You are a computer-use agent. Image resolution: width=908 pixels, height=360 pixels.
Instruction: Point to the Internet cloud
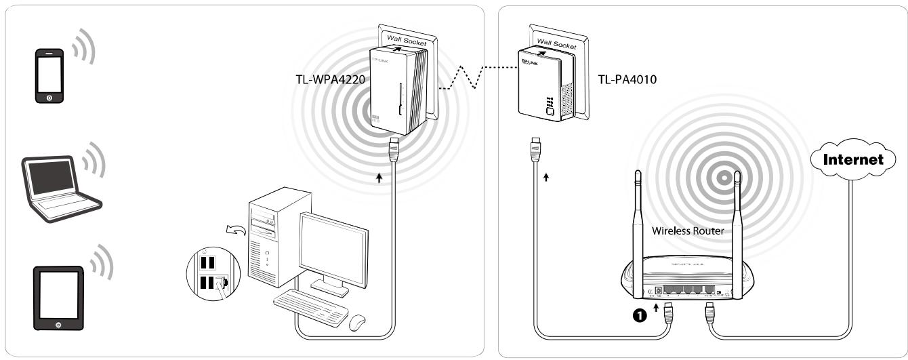[852, 161]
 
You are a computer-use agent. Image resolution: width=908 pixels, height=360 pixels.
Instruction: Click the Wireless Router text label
[687, 231]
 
